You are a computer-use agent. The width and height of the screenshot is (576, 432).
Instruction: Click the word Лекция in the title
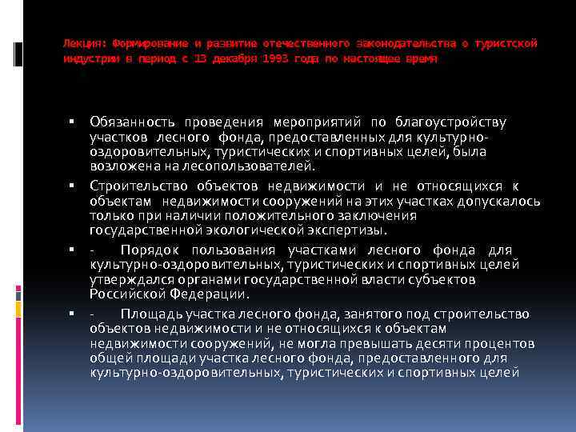click(85, 42)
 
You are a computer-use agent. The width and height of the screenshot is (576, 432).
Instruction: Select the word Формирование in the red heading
click(147, 42)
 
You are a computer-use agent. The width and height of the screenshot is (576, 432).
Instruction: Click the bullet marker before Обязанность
click(71, 122)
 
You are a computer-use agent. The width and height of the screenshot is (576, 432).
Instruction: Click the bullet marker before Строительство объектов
click(71, 186)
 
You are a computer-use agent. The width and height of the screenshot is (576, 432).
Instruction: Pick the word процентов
click(497, 344)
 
